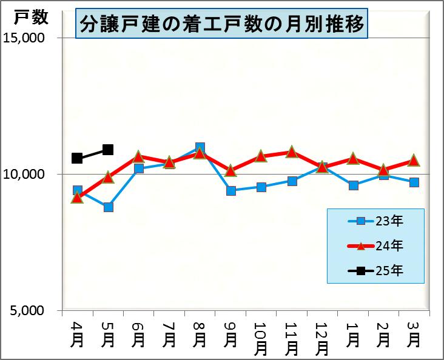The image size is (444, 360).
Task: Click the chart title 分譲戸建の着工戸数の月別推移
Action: click(x=222, y=24)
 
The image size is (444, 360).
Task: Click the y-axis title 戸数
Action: click(x=30, y=18)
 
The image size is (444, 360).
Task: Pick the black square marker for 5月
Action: click(x=108, y=150)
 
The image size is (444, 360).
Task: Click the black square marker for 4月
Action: click(x=77, y=158)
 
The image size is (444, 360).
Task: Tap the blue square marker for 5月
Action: click(x=108, y=207)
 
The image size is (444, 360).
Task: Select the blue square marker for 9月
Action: click(x=230, y=190)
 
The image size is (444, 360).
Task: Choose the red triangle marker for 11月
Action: click(x=292, y=152)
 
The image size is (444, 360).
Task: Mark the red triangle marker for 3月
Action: click(x=414, y=161)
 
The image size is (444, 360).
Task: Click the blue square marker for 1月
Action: click(x=353, y=185)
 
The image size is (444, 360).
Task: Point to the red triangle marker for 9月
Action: click(x=230, y=171)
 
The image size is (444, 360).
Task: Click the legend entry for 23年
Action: click(x=376, y=221)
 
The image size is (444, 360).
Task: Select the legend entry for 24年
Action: click(x=376, y=245)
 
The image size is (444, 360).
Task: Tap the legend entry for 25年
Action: click(x=376, y=270)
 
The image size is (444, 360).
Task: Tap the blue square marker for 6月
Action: click(x=138, y=168)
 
